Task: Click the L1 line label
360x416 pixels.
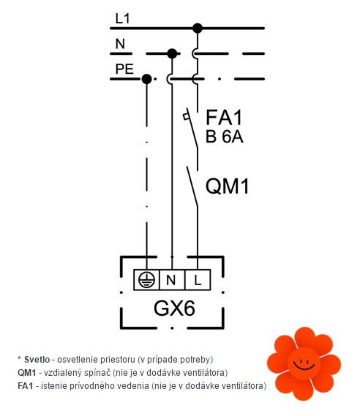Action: click(123, 18)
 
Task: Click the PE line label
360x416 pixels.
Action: click(124, 69)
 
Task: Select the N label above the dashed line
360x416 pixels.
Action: click(120, 44)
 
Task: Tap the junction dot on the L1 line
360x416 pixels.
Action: click(198, 28)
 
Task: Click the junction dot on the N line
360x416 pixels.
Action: click(172, 53)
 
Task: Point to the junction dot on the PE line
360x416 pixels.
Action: click(146, 79)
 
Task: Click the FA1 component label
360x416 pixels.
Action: click(224, 117)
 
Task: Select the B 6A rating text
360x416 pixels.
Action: click(225, 137)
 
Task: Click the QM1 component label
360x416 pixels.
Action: click(228, 186)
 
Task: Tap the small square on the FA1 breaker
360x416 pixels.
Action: click(186, 116)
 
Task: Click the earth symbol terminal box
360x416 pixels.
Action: click(146, 280)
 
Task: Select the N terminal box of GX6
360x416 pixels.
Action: click(172, 280)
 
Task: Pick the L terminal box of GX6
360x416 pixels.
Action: click(198, 280)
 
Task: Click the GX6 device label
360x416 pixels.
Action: click(174, 309)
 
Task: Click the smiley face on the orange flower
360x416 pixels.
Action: click(304, 364)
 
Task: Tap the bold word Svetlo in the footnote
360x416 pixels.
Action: click(37, 360)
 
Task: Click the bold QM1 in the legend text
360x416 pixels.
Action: click(27, 373)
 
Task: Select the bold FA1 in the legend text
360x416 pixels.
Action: click(26, 386)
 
